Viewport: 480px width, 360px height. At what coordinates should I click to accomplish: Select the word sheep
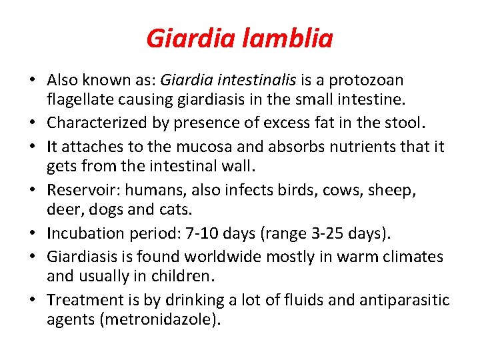click(393, 190)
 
